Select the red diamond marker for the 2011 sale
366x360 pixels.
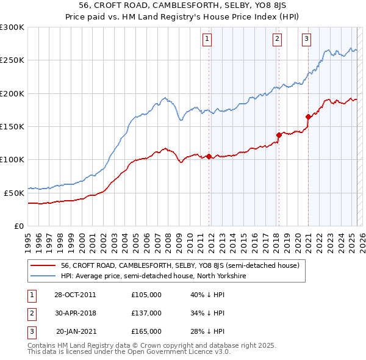point(209,156)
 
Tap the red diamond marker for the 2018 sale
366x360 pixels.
point(279,135)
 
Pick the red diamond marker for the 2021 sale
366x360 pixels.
point(308,117)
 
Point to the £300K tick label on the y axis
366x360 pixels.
point(12,27)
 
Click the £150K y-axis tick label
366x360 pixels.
point(12,126)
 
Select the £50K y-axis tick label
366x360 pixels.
point(14,192)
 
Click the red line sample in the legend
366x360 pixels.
point(43,265)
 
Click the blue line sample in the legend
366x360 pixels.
point(43,276)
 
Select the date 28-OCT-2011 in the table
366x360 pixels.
point(75,295)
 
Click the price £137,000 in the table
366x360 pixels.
point(146,313)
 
